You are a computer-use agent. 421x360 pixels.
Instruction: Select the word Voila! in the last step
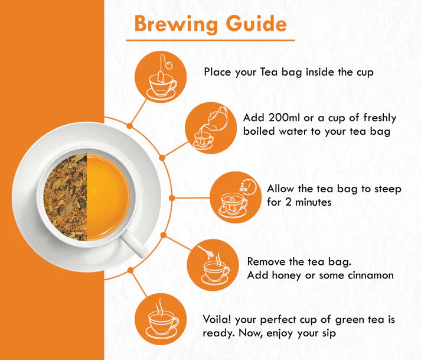(x=216, y=320)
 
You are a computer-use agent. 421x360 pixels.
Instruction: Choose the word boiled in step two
(x=259, y=131)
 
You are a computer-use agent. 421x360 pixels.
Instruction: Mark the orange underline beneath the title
(x=210, y=40)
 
